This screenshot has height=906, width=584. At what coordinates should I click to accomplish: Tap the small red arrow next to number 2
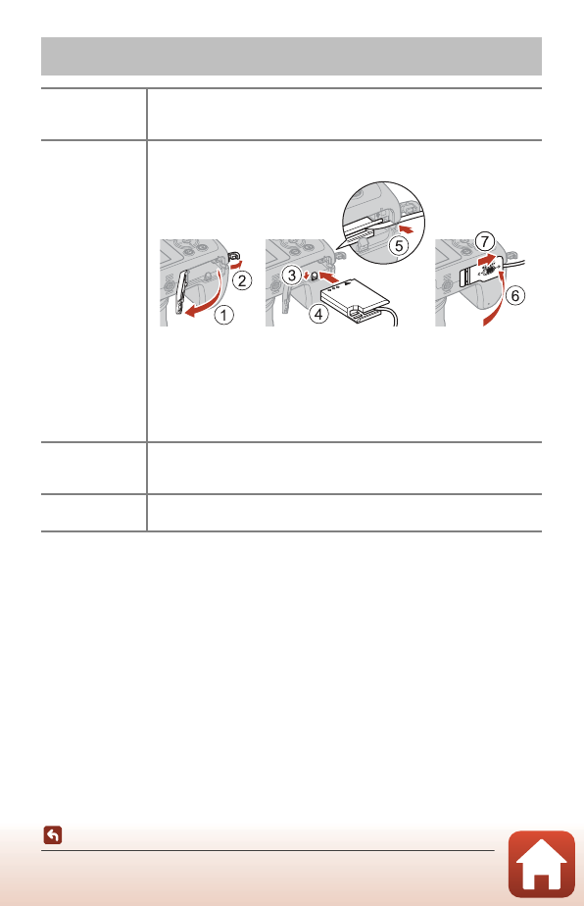(x=236, y=259)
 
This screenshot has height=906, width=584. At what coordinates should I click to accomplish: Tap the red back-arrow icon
(x=53, y=836)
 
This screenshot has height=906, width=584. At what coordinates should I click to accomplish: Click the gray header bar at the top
(x=291, y=57)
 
